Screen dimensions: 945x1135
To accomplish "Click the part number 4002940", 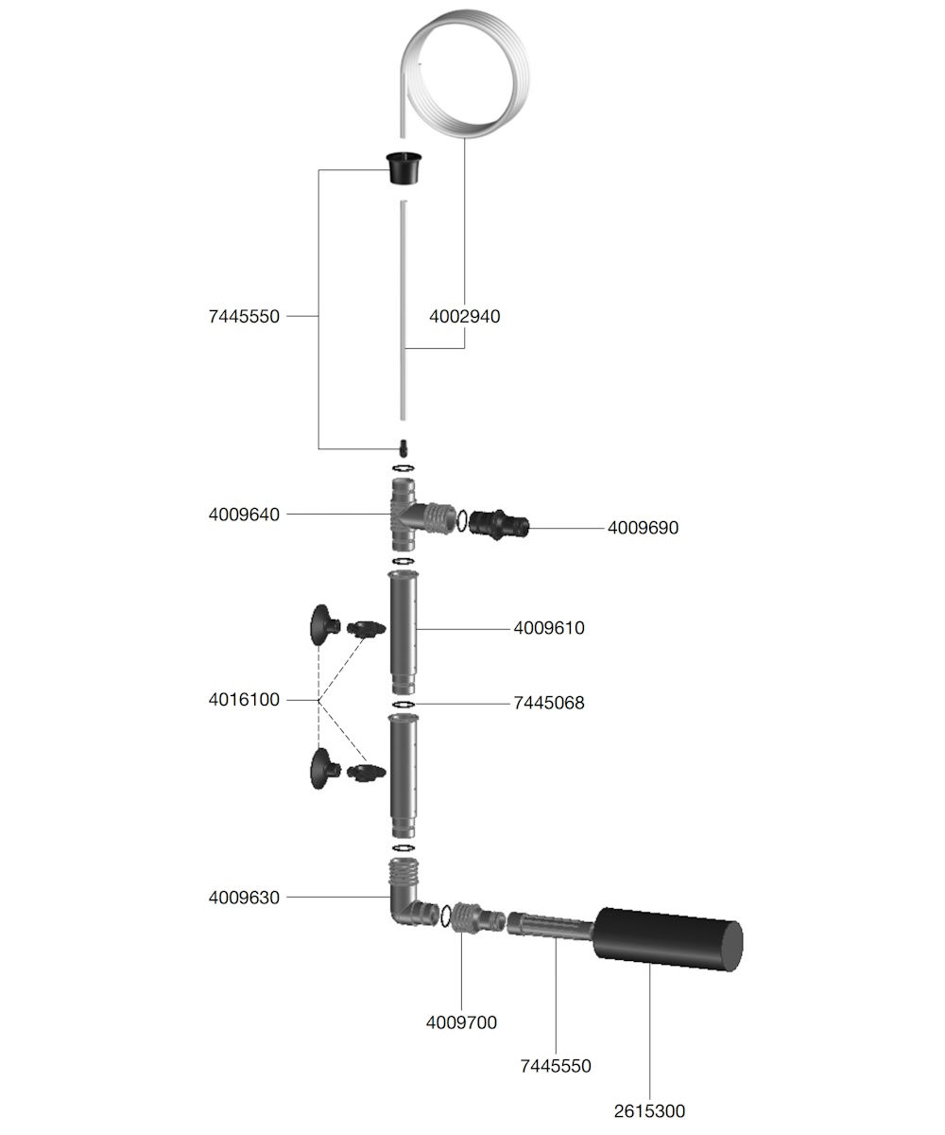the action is tap(464, 316).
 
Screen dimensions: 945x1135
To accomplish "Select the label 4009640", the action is tap(244, 515).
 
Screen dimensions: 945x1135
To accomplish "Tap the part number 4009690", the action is tap(643, 527).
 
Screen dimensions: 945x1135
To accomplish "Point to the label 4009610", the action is tap(549, 628).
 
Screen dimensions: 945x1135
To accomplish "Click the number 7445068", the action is tap(549, 703).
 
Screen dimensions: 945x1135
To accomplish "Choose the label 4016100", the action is tap(244, 700).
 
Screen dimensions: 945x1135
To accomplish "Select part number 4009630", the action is tap(244, 898).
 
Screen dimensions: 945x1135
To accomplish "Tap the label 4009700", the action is tap(462, 1022).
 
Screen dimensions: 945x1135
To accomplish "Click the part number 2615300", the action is tap(649, 1110).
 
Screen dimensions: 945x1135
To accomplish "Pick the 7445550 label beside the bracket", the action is tap(244, 316).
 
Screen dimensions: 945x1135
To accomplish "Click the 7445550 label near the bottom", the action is tap(556, 1066).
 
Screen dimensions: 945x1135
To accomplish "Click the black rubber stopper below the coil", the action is tap(404, 168).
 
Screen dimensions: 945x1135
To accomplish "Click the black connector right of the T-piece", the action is tap(498, 525).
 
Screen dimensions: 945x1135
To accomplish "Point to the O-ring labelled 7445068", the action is tap(403, 705).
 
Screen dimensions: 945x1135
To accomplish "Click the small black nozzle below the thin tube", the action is tap(403, 448).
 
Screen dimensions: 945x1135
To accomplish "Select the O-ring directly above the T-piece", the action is tap(403, 468).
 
